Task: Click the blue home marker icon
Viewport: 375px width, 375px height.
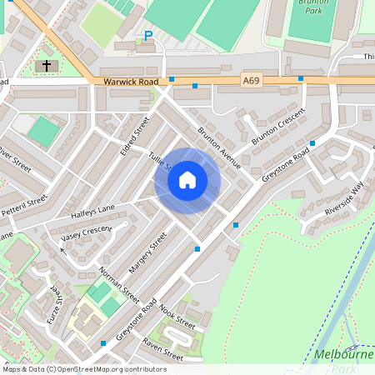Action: (x=187, y=180)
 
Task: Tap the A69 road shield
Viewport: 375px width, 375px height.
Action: (x=251, y=79)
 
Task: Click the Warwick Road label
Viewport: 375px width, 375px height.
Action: (x=131, y=82)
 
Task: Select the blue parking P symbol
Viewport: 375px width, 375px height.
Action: (x=148, y=36)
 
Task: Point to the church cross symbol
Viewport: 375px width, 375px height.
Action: (x=47, y=64)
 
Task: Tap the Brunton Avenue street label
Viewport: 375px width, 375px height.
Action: (x=219, y=147)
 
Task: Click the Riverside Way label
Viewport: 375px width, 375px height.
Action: (x=344, y=198)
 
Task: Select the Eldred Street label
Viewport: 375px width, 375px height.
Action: (x=134, y=130)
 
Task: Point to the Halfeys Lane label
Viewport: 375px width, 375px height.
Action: (x=92, y=213)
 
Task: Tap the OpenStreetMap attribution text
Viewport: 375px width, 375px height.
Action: (x=83, y=368)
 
